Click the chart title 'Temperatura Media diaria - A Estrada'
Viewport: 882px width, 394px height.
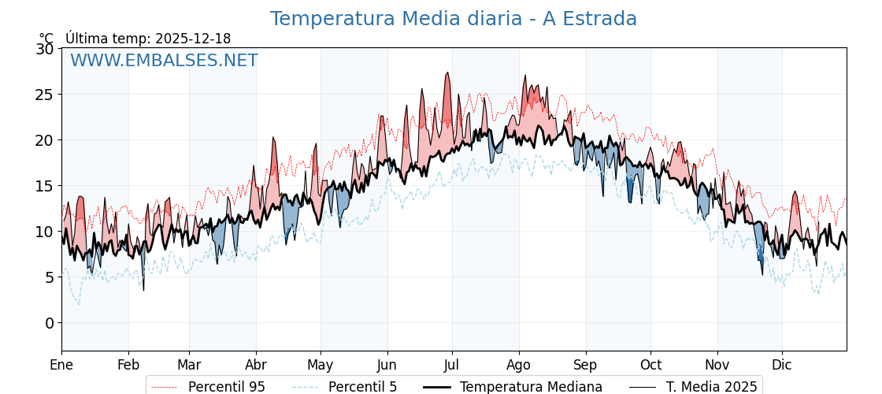point(453,19)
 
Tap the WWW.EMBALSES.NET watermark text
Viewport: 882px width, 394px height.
point(164,61)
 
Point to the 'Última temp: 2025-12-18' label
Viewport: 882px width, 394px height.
point(148,39)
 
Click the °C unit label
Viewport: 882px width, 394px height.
point(46,39)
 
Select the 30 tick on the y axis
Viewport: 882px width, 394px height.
point(45,49)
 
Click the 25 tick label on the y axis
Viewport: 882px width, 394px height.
point(45,95)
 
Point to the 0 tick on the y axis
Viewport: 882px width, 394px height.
point(50,323)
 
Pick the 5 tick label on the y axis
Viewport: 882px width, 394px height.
point(50,277)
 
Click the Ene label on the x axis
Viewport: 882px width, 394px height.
point(61,365)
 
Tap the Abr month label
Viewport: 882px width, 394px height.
point(256,365)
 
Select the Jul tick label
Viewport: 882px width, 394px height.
point(452,365)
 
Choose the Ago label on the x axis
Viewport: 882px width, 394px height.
point(519,365)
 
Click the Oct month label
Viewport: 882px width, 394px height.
point(650,365)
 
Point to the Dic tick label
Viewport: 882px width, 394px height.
point(782,365)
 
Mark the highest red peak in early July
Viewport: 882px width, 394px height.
point(447,73)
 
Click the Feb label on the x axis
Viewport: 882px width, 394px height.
point(128,365)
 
